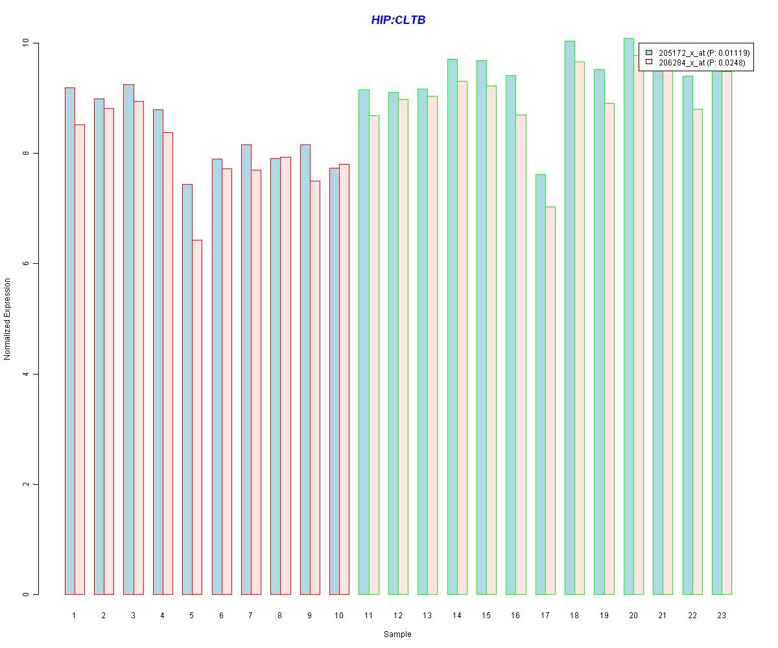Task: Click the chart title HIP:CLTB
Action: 398,20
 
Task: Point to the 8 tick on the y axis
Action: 26,154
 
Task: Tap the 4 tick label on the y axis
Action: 26,374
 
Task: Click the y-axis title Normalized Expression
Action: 8,319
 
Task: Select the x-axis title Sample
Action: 397,634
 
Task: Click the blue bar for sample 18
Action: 570,318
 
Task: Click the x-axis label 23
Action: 722,615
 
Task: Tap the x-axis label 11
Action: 368,615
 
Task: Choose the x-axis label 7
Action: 250,615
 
